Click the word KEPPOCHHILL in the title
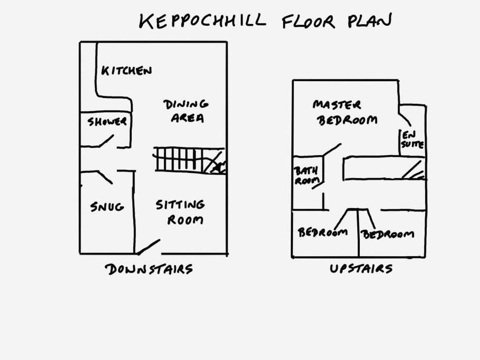(203, 20)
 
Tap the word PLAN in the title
(369, 20)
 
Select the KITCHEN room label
(126, 71)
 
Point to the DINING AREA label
(187, 111)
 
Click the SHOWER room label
(107, 122)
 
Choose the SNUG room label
(107, 207)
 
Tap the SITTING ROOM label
(180, 212)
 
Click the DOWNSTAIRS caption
(149, 269)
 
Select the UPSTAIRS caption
(361, 268)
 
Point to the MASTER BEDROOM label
(345, 113)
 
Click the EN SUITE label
(413, 140)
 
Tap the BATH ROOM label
(307, 176)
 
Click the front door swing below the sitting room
(149, 247)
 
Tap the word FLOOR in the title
(308, 22)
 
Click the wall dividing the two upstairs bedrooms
(358, 233)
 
